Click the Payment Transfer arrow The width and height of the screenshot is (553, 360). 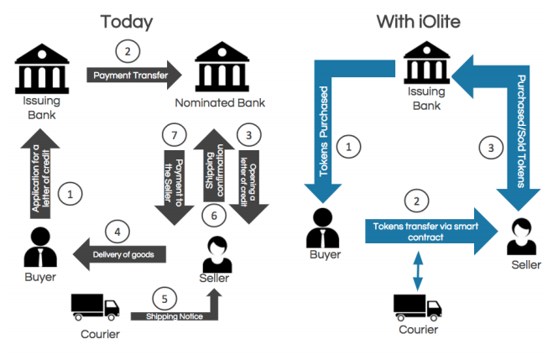click(134, 75)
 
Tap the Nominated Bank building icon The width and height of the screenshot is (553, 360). click(222, 66)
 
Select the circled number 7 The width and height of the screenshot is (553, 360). click(175, 135)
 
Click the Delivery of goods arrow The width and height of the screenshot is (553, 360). click(119, 254)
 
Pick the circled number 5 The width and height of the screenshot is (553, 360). click(164, 299)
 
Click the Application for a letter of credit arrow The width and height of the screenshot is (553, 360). click(40, 174)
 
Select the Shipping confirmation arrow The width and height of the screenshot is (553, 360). click(214, 165)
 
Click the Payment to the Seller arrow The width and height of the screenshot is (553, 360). click(175, 188)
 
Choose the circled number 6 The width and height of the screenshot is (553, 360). click(214, 216)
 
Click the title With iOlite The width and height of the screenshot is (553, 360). click(418, 22)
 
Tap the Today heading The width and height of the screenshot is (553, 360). click(127, 22)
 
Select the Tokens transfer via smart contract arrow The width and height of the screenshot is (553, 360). click(431, 232)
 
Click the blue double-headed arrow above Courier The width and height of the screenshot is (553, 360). click(418, 271)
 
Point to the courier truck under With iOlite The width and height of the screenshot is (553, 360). click(418, 307)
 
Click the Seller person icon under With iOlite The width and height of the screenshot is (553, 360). click(522, 237)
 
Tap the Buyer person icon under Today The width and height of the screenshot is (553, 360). click(40, 247)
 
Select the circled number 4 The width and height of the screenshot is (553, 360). click(117, 232)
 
